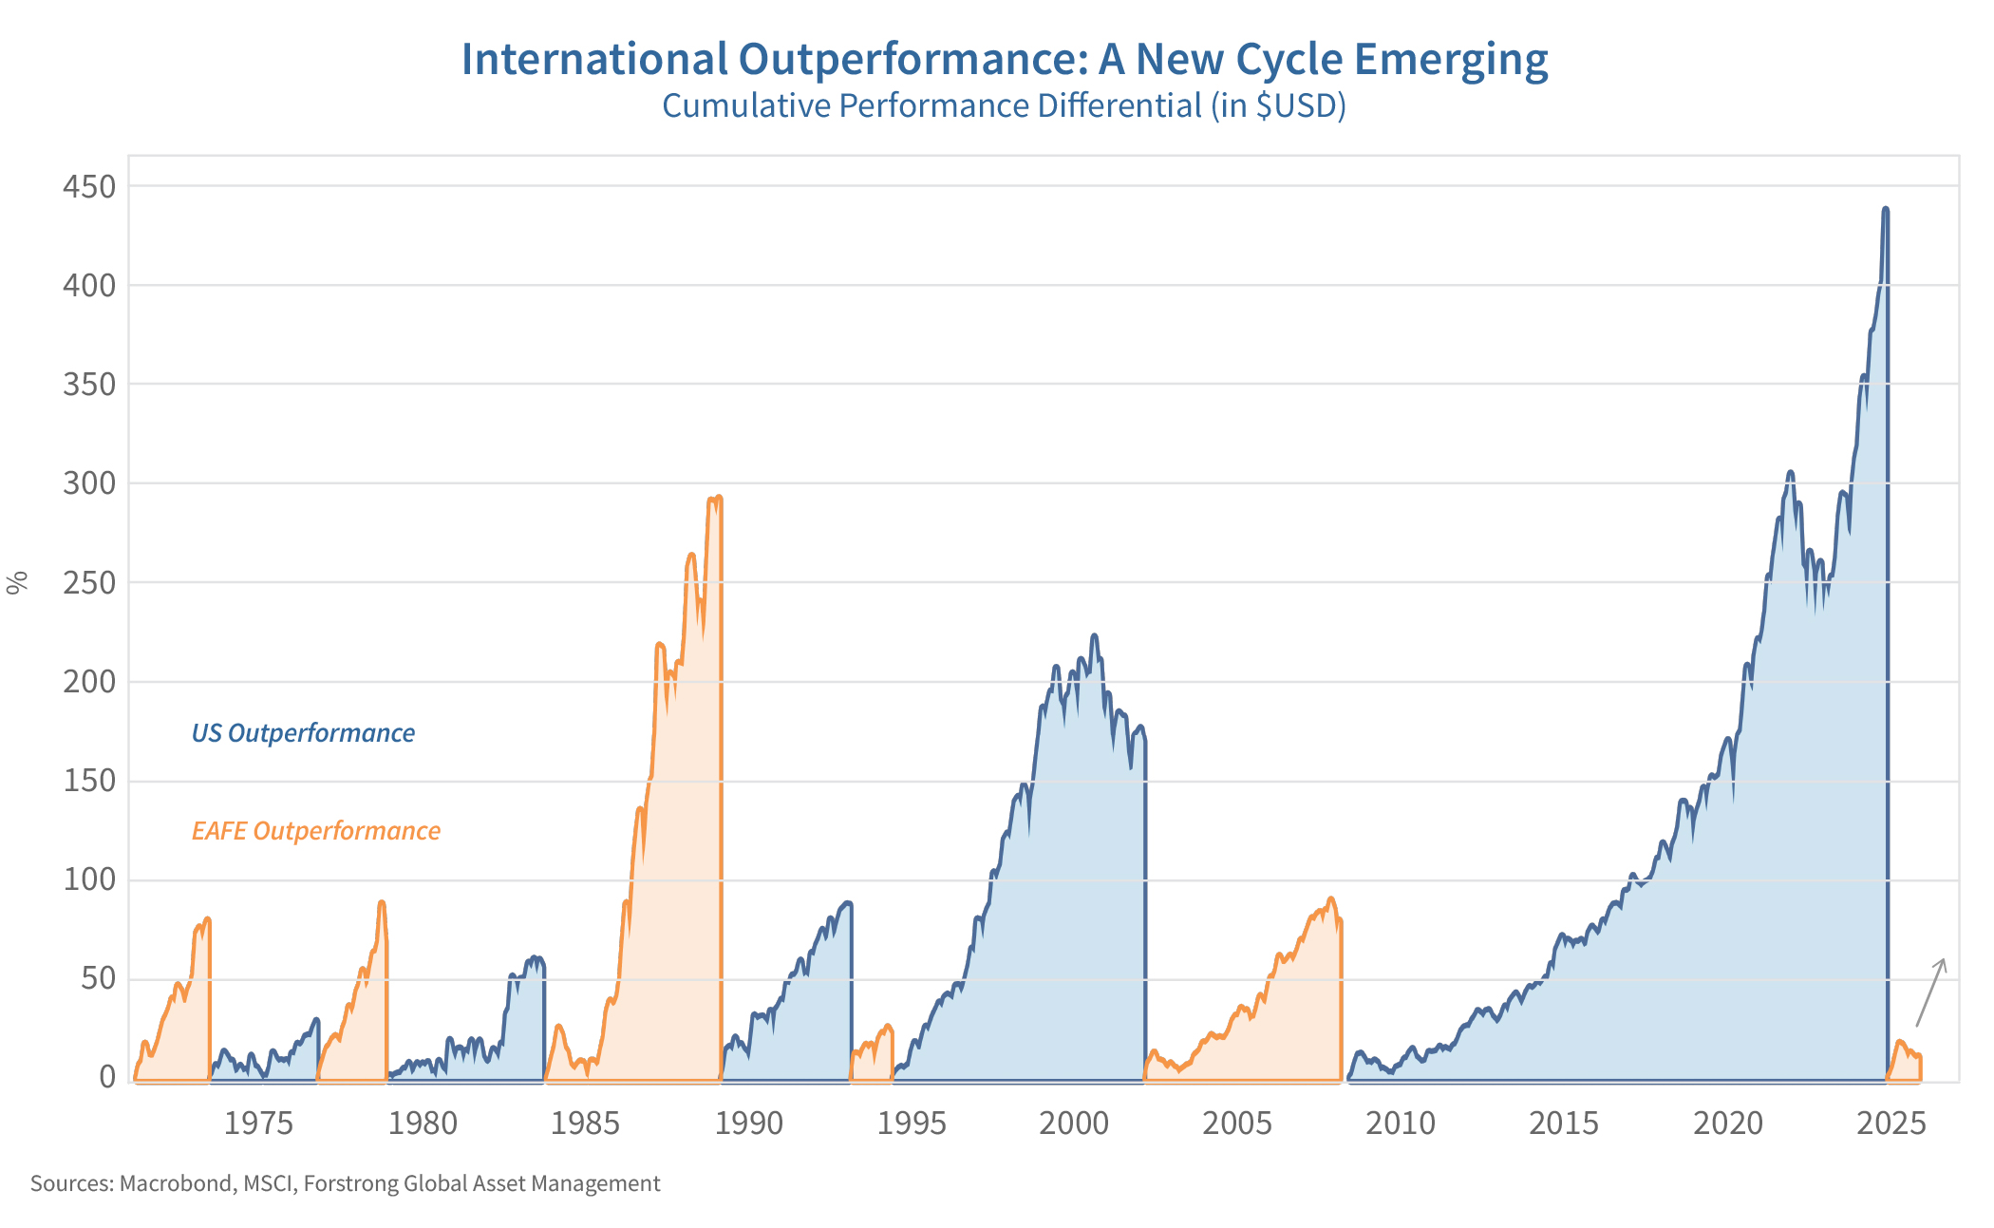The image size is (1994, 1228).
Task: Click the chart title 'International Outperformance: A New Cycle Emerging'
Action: click(1005, 59)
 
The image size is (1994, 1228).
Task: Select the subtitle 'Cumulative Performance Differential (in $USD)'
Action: click(1004, 105)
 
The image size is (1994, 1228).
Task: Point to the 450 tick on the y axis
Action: click(88, 186)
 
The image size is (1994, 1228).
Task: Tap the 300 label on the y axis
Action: click(88, 483)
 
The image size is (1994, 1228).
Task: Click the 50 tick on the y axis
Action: click(99, 979)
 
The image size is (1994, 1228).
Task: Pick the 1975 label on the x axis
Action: click(258, 1124)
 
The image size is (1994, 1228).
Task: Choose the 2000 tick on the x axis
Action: click(1074, 1124)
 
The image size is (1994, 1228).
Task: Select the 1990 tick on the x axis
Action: click(748, 1124)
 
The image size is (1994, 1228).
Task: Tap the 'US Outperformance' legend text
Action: click(303, 733)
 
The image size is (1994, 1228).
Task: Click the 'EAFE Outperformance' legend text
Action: click(315, 831)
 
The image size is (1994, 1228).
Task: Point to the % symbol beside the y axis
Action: click(17, 582)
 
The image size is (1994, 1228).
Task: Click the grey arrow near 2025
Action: click(1930, 992)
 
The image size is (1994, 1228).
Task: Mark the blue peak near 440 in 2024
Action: click(1885, 209)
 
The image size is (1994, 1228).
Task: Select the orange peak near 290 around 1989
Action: click(719, 497)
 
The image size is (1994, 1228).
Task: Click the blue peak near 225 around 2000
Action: click(1094, 635)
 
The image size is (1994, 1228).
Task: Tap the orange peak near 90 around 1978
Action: click(381, 902)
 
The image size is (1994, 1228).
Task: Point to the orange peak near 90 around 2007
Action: click(1330, 898)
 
